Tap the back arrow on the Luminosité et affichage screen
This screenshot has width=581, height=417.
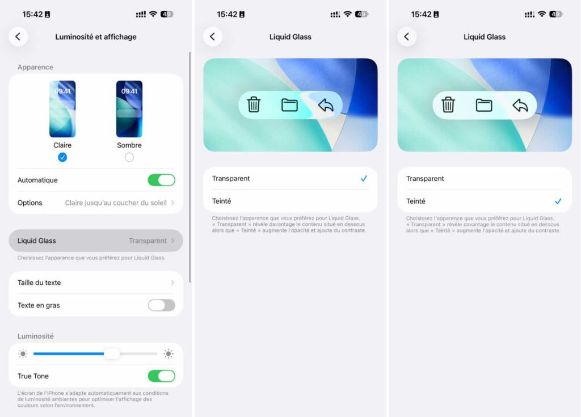pyautogui.click(x=18, y=37)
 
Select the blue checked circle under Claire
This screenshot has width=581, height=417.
pyautogui.click(x=62, y=157)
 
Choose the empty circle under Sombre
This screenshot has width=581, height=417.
pyautogui.click(x=129, y=157)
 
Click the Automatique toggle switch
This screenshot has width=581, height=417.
pyautogui.click(x=161, y=180)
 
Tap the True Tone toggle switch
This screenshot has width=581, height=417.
pyautogui.click(x=161, y=376)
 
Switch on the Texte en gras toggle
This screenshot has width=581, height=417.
pyautogui.click(x=161, y=305)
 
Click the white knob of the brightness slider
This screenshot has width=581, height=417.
pyautogui.click(x=112, y=354)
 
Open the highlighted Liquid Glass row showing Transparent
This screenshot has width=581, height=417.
pyautogui.click(x=96, y=241)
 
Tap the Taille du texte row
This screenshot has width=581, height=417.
pyautogui.click(x=96, y=283)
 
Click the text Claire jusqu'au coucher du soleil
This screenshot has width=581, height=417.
pyautogui.click(x=116, y=203)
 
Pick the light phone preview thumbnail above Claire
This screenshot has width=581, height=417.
pyautogui.click(x=62, y=109)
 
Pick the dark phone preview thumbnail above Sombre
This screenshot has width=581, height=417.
pyautogui.click(x=129, y=109)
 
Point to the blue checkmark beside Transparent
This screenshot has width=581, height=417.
pyautogui.click(x=364, y=179)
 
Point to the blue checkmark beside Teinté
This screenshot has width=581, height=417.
pyautogui.click(x=558, y=201)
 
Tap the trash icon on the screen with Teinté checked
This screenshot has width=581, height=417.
pyautogui.click(x=448, y=105)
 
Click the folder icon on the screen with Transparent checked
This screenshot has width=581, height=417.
pyautogui.click(x=290, y=105)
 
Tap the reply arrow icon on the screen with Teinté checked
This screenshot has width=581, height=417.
pyautogui.click(x=520, y=105)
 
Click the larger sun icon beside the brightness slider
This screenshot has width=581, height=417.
pyautogui.click(x=169, y=354)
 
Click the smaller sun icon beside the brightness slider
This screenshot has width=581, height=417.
pyautogui.click(x=23, y=354)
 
